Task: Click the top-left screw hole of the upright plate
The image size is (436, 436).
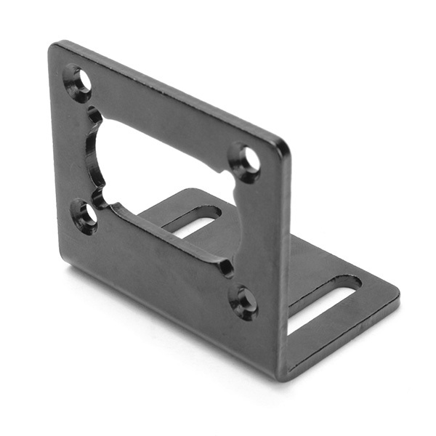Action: pos(78,81)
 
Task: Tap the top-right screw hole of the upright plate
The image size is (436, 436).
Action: pos(248,158)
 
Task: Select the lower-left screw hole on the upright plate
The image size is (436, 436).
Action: pos(85,214)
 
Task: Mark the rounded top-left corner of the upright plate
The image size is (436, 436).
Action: pos(55,49)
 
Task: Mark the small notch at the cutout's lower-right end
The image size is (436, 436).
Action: pos(227,267)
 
